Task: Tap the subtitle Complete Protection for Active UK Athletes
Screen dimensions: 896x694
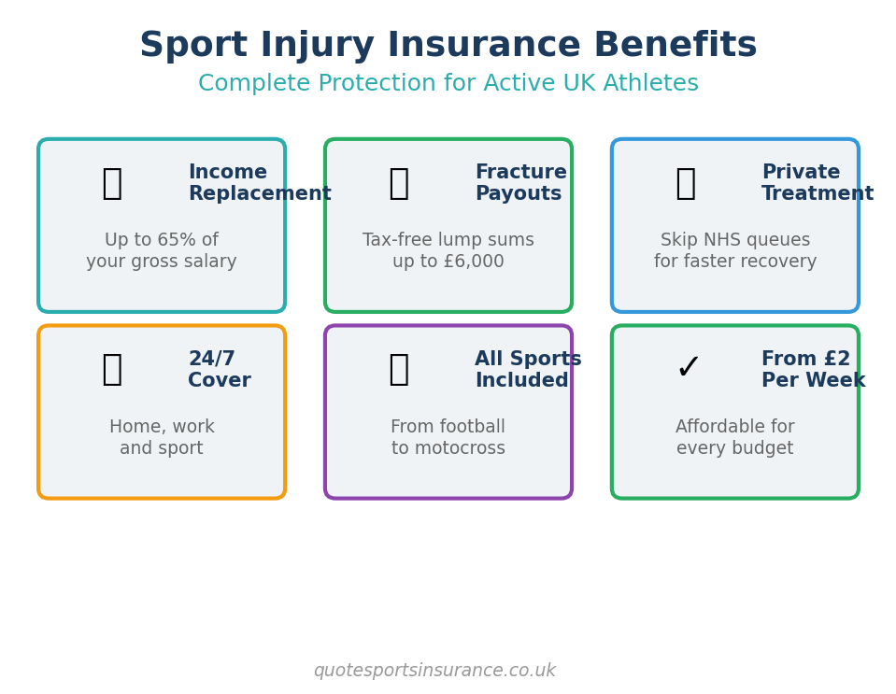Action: point(448,83)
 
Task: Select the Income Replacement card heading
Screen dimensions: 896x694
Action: point(260,182)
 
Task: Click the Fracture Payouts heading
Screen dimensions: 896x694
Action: point(521,182)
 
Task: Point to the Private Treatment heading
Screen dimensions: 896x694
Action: point(818,182)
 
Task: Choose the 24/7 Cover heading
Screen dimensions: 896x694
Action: point(220,369)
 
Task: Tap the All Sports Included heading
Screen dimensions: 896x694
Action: point(528,369)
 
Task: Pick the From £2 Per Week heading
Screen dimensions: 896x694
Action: point(813,369)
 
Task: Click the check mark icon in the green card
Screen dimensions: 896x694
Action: point(688,367)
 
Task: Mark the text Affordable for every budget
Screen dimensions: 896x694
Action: point(735,437)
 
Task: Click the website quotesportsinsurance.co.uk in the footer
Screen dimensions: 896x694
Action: point(434,670)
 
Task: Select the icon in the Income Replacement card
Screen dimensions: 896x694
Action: point(112,183)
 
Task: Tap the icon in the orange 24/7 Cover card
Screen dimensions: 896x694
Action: point(112,369)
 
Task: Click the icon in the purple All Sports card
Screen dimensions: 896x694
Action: point(399,369)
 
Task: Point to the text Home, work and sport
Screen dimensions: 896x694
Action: point(162,437)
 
